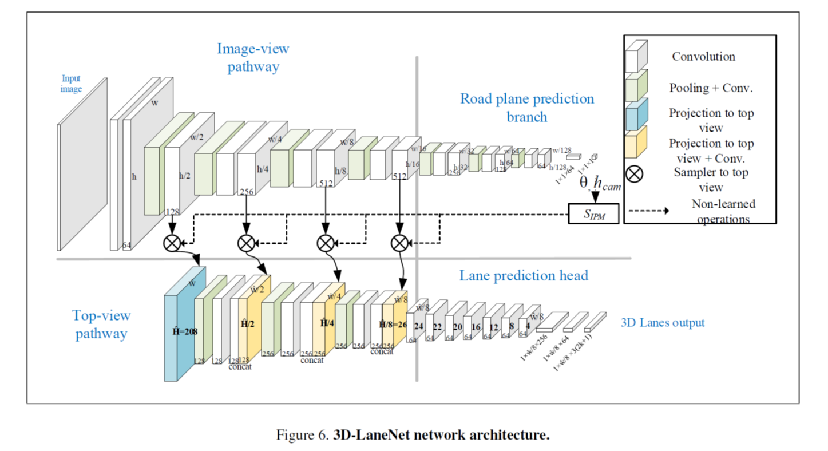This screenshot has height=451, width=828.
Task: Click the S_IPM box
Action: click(x=593, y=213)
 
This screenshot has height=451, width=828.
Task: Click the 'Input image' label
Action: click(x=72, y=84)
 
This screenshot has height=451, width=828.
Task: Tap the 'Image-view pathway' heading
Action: click(x=253, y=57)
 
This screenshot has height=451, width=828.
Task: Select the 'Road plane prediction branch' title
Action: click(x=527, y=108)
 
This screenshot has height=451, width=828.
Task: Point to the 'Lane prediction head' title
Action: click(x=524, y=276)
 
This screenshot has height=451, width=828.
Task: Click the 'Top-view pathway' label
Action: click(x=101, y=324)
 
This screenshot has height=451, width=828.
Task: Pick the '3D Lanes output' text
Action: click(x=663, y=323)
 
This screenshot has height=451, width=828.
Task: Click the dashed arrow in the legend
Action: click(x=647, y=211)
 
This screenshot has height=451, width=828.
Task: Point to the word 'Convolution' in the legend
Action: click(x=703, y=57)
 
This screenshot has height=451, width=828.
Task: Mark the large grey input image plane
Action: click(x=82, y=165)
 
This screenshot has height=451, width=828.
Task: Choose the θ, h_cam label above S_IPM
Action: click(x=600, y=184)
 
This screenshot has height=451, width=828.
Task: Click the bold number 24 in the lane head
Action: click(x=418, y=326)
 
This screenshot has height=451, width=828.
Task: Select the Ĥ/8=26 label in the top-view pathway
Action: click(x=393, y=325)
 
